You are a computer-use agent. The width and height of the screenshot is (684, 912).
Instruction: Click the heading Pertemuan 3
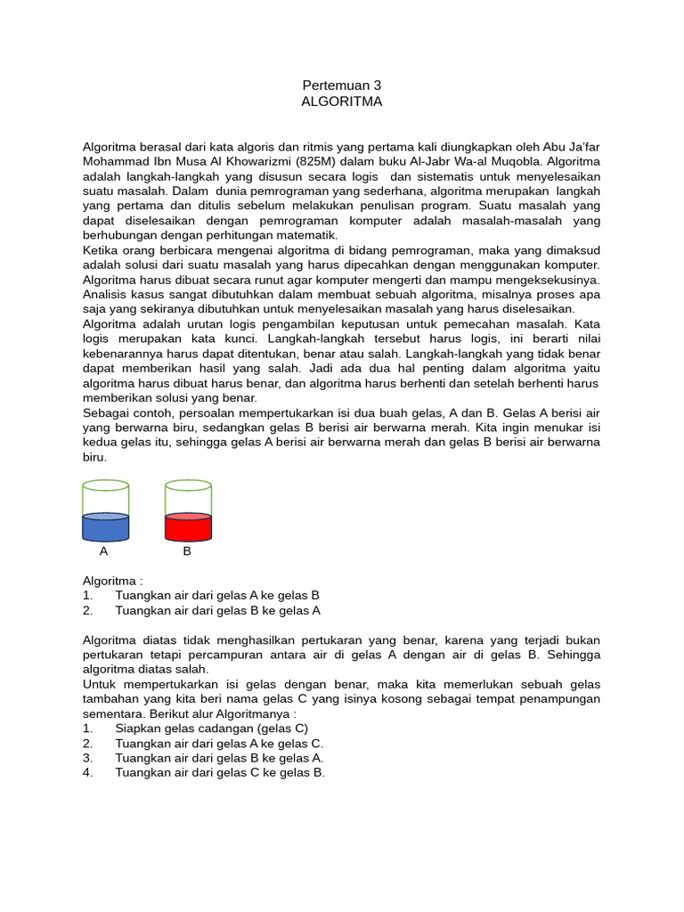tap(342, 85)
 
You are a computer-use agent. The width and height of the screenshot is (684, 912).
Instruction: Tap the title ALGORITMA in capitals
tap(342, 102)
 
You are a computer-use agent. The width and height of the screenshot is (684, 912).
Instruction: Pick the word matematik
tap(308, 235)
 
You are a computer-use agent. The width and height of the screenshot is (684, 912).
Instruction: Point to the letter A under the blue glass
tap(104, 551)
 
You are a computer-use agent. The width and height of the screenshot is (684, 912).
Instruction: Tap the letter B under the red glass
tap(187, 551)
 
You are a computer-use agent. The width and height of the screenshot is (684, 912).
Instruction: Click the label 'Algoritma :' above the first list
tap(112, 581)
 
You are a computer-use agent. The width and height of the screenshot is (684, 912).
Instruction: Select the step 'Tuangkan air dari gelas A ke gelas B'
tap(217, 595)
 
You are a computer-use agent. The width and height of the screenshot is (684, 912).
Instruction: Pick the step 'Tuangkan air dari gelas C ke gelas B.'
tap(220, 772)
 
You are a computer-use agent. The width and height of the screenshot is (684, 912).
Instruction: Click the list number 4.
tap(87, 772)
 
